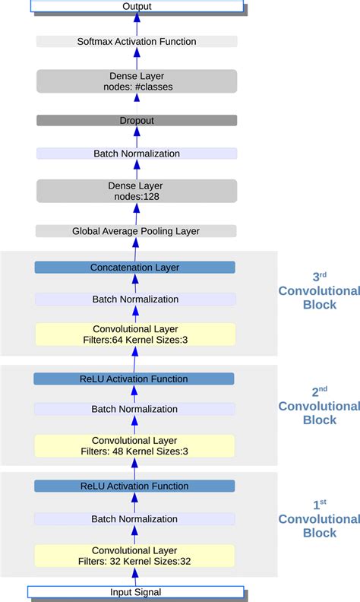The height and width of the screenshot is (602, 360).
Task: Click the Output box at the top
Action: coord(137,6)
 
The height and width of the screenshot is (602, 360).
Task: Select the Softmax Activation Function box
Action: coord(137,41)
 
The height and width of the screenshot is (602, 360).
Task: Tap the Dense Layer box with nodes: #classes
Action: coord(137,81)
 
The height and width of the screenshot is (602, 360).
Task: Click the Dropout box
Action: coord(137,120)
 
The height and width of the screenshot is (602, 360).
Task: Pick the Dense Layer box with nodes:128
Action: coord(137,192)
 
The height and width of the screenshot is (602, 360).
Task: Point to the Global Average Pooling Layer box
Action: coord(137,231)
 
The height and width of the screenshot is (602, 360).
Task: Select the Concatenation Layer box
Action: coord(135,268)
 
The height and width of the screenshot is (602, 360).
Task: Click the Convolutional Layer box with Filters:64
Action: coord(135,334)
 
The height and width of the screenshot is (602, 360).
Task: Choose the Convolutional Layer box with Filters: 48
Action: coord(135,445)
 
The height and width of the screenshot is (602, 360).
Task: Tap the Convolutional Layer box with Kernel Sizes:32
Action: coord(135,556)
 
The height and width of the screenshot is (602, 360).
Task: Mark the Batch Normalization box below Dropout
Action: coord(137,154)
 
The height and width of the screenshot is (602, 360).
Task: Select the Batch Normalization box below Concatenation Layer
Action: coord(135,299)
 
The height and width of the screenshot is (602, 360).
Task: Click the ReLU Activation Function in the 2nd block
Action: coord(135,379)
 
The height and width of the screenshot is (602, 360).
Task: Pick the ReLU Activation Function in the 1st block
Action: coord(135,486)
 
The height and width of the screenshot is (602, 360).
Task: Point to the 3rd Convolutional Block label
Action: coord(318,291)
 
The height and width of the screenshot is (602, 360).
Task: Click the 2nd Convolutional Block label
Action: coord(318,406)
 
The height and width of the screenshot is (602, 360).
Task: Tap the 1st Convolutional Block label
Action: coord(318,519)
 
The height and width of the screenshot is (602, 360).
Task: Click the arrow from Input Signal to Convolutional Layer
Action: coord(134,577)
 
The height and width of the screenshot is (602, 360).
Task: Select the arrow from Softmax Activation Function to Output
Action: coord(137,24)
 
